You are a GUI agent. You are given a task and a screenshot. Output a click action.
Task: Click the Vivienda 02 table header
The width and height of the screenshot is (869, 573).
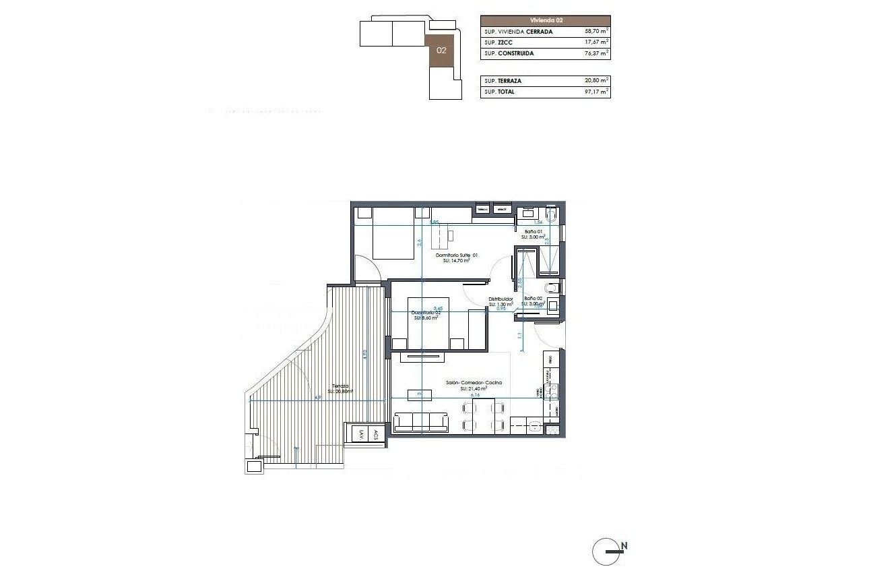click(545, 21)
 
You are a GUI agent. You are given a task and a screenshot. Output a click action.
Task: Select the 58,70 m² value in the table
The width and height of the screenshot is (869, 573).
click(597, 32)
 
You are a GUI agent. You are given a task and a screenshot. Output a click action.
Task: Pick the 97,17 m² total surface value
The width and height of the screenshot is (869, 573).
click(597, 92)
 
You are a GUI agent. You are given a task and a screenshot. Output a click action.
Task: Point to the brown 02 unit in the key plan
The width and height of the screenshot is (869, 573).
click(442, 51)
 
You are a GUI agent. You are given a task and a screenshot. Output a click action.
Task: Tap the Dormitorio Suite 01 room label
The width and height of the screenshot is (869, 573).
click(456, 255)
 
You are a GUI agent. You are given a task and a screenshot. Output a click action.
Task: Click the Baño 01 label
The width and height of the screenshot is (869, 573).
click(533, 231)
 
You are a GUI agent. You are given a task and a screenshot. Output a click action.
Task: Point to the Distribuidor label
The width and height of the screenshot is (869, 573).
click(501, 299)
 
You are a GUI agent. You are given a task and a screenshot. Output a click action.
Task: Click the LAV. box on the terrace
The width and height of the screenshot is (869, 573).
click(361, 434)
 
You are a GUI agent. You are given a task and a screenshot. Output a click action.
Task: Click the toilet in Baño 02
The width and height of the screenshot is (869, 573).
click(552, 288)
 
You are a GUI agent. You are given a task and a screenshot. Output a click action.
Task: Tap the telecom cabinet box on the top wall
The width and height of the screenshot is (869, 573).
click(482, 210)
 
